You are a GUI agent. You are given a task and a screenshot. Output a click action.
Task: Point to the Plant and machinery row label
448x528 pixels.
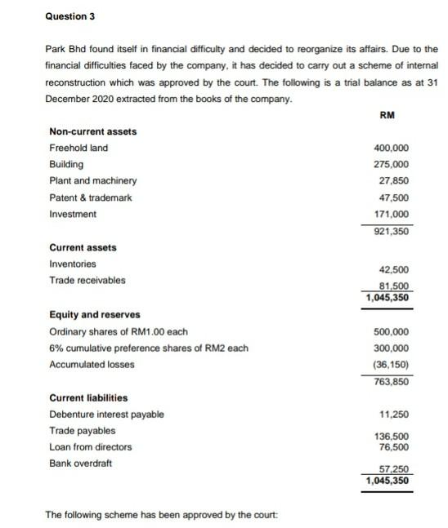[x=93, y=180]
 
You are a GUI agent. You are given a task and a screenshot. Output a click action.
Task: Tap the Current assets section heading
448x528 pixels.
[x=83, y=247]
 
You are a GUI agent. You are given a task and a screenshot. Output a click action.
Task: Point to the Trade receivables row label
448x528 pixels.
[x=87, y=280]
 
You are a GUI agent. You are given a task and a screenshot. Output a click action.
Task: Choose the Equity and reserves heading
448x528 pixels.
[x=95, y=314]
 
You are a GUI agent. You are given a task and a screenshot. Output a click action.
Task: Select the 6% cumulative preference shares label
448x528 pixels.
[x=149, y=348]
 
